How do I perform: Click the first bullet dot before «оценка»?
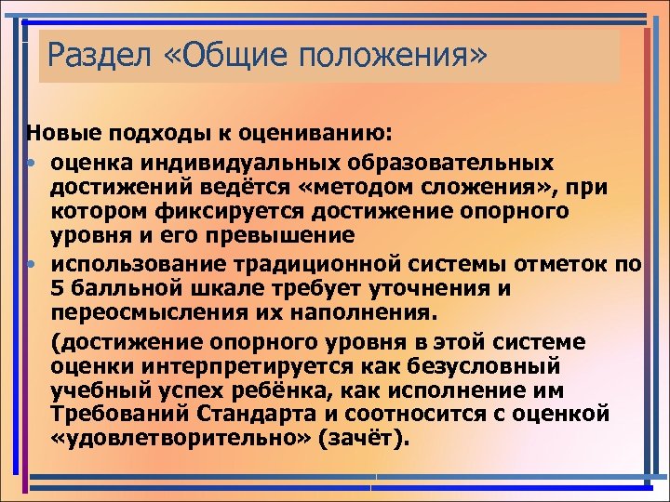31,163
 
